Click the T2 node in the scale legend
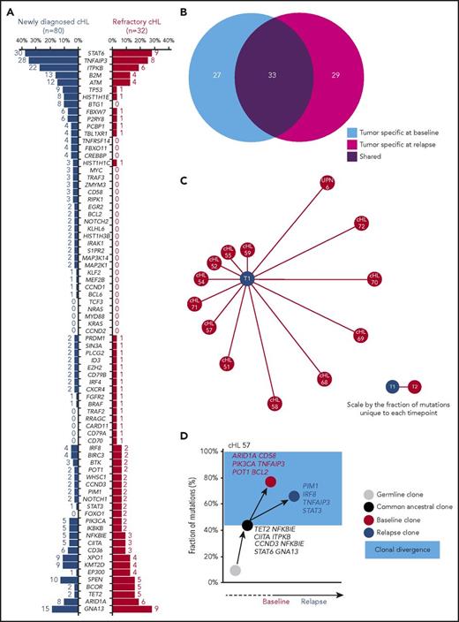(x=417, y=386)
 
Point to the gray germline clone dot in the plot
(x=235, y=571)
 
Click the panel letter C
(x=180, y=181)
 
